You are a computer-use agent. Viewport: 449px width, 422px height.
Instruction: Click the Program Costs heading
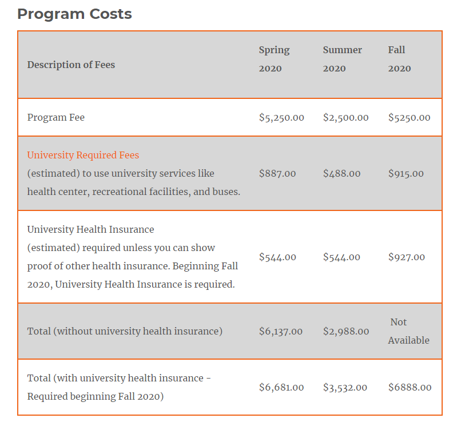tap(74, 14)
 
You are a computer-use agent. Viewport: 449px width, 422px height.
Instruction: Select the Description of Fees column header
tap(71, 65)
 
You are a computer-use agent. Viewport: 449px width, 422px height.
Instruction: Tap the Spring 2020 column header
tap(274, 59)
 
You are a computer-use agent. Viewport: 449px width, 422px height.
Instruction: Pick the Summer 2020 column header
tap(342, 59)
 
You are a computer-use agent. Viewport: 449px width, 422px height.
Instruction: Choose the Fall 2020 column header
tap(399, 59)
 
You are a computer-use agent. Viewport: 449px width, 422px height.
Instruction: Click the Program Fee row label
tap(56, 117)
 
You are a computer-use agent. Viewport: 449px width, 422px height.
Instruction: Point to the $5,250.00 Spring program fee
tap(281, 117)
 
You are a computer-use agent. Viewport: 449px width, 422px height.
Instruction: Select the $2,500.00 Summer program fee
tap(345, 117)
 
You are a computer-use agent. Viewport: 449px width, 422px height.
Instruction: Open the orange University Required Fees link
tap(83, 155)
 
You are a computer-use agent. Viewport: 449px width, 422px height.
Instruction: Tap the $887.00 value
tap(277, 173)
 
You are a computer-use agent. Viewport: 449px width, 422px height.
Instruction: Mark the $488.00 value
tap(341, 173)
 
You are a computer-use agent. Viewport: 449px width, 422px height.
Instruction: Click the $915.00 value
tap(406, 173)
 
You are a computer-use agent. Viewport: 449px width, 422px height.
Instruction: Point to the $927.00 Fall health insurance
tap(406, 257)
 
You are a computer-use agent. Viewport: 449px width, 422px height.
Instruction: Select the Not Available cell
tap(408, 331)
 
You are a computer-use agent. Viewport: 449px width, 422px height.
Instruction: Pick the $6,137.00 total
tap(281, 331)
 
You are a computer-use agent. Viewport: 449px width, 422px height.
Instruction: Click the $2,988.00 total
tap(345, 331)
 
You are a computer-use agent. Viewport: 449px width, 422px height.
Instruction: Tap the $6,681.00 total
tap(281, 387)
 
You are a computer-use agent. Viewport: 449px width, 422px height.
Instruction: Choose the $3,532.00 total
tap(345, 387)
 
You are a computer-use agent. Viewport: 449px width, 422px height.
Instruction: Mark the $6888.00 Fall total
tap(410, 387)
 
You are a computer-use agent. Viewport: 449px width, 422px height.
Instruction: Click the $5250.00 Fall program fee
tap(409, 117)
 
